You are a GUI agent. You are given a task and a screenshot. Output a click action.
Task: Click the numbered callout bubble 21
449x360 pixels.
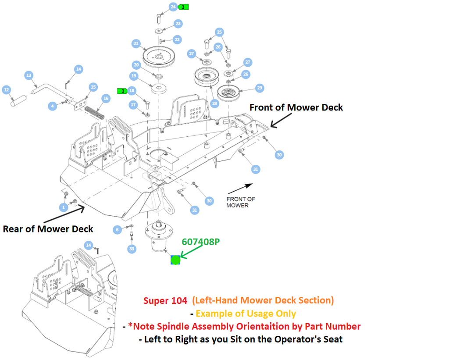click(136, 43)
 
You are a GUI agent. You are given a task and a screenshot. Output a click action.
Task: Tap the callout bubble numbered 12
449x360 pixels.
click(6, 90)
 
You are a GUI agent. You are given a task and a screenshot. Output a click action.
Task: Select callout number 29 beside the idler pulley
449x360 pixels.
click(260, 88)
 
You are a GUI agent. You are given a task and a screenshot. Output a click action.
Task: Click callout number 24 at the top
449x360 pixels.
click(173, 7)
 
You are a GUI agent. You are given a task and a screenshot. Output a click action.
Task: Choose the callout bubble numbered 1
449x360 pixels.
click(64, 207)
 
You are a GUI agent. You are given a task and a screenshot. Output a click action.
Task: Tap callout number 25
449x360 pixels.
click(220, 32)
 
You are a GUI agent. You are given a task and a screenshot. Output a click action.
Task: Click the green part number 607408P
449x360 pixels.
click(201, 241)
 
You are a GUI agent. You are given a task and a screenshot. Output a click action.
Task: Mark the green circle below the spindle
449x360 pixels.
click(175, 260)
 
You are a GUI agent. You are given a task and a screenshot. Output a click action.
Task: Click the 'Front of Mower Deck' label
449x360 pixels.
click(296, 107)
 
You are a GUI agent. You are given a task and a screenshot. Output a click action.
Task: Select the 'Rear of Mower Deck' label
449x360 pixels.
click(48, 229)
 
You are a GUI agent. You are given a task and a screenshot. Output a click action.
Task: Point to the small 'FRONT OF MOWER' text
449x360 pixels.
click(241, 202)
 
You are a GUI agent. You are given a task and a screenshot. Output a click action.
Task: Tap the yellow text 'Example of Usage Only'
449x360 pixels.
click(246, 314)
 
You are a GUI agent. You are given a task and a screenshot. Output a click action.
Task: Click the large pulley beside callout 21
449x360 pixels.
click(159, 57)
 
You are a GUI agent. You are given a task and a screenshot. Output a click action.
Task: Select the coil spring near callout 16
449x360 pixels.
click(95, 113)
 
